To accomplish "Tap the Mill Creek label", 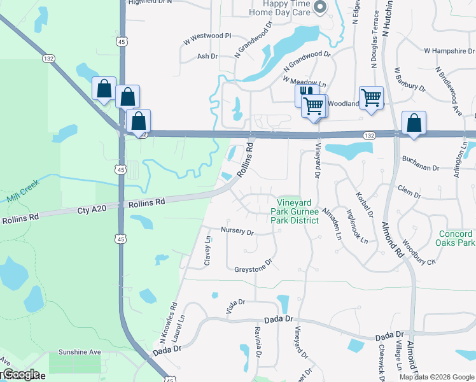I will tap(23, 190).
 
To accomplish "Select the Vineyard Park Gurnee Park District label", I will tap(294, 211).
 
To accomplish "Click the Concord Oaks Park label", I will tap(457, 238).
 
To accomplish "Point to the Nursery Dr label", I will tap(237, 230).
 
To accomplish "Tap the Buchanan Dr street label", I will tap(421, 167).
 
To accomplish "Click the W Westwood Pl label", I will tap(207, 36).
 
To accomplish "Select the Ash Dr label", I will tap(207, 56).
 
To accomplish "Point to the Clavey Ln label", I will tap(207, 251).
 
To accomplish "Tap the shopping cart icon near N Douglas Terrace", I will tap(371, 98).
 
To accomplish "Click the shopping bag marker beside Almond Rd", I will tap(414, 122).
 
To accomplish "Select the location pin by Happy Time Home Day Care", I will tap(320, 7).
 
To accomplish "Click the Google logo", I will tap(20, 374).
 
